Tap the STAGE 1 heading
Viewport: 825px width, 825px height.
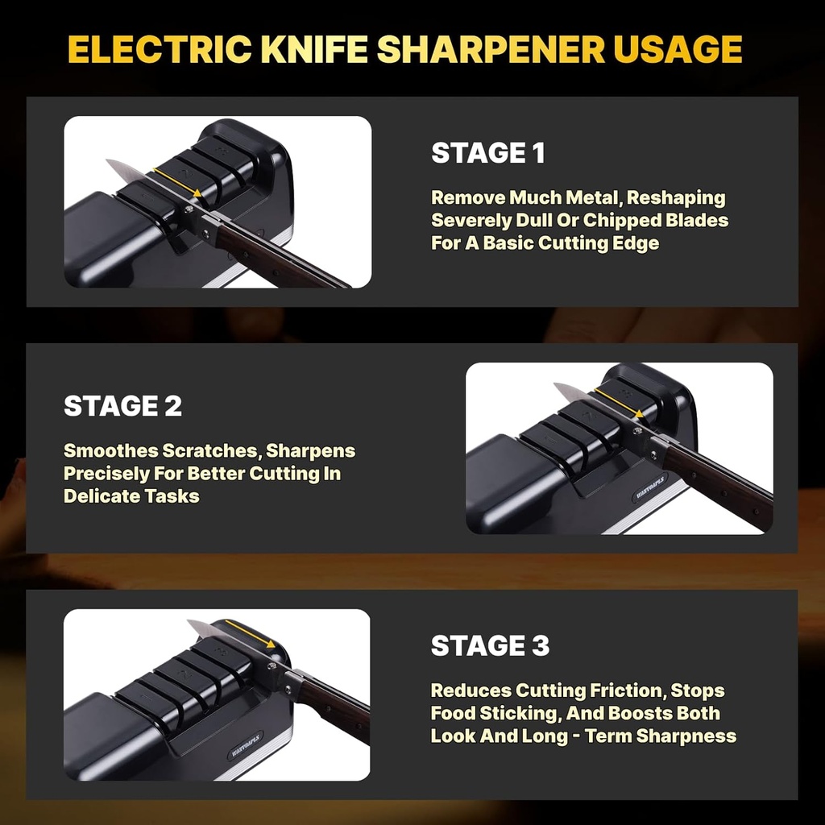(488, 153)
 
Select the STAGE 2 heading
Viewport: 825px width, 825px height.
(122, 406)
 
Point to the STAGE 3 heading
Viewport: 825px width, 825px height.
(490, 645)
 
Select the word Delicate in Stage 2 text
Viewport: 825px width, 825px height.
(95, 496)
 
